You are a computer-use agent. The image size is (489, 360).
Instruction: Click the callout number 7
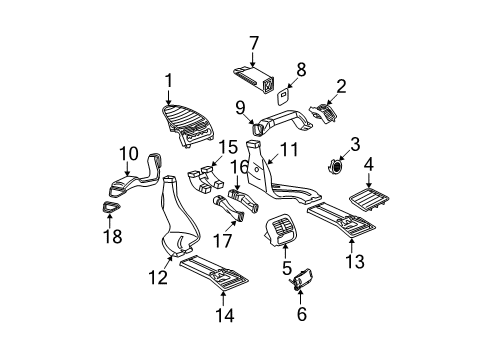[254, 43]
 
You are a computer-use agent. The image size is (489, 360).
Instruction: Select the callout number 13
[355, 261]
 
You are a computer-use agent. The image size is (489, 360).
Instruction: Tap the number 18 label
[113, 236]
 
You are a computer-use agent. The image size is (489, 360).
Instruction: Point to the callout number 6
[302, 314]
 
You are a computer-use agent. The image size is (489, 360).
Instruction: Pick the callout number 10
[129, 154]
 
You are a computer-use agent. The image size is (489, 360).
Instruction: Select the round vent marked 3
[335, 166]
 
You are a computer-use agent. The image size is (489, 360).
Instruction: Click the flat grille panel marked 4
[369, 200]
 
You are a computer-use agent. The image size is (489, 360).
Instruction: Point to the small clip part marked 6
[302, 278]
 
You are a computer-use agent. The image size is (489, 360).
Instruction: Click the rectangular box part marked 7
[254, 81]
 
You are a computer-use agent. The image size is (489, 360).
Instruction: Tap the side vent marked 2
[323, 114]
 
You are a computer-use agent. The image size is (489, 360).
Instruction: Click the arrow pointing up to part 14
[223, 299]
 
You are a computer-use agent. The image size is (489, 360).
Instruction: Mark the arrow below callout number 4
[369, 180]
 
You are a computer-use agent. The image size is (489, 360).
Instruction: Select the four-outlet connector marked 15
[205, 179]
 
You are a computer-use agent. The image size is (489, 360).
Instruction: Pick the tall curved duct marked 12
[179, 217]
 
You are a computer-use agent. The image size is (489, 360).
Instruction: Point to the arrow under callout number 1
[168, 97]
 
